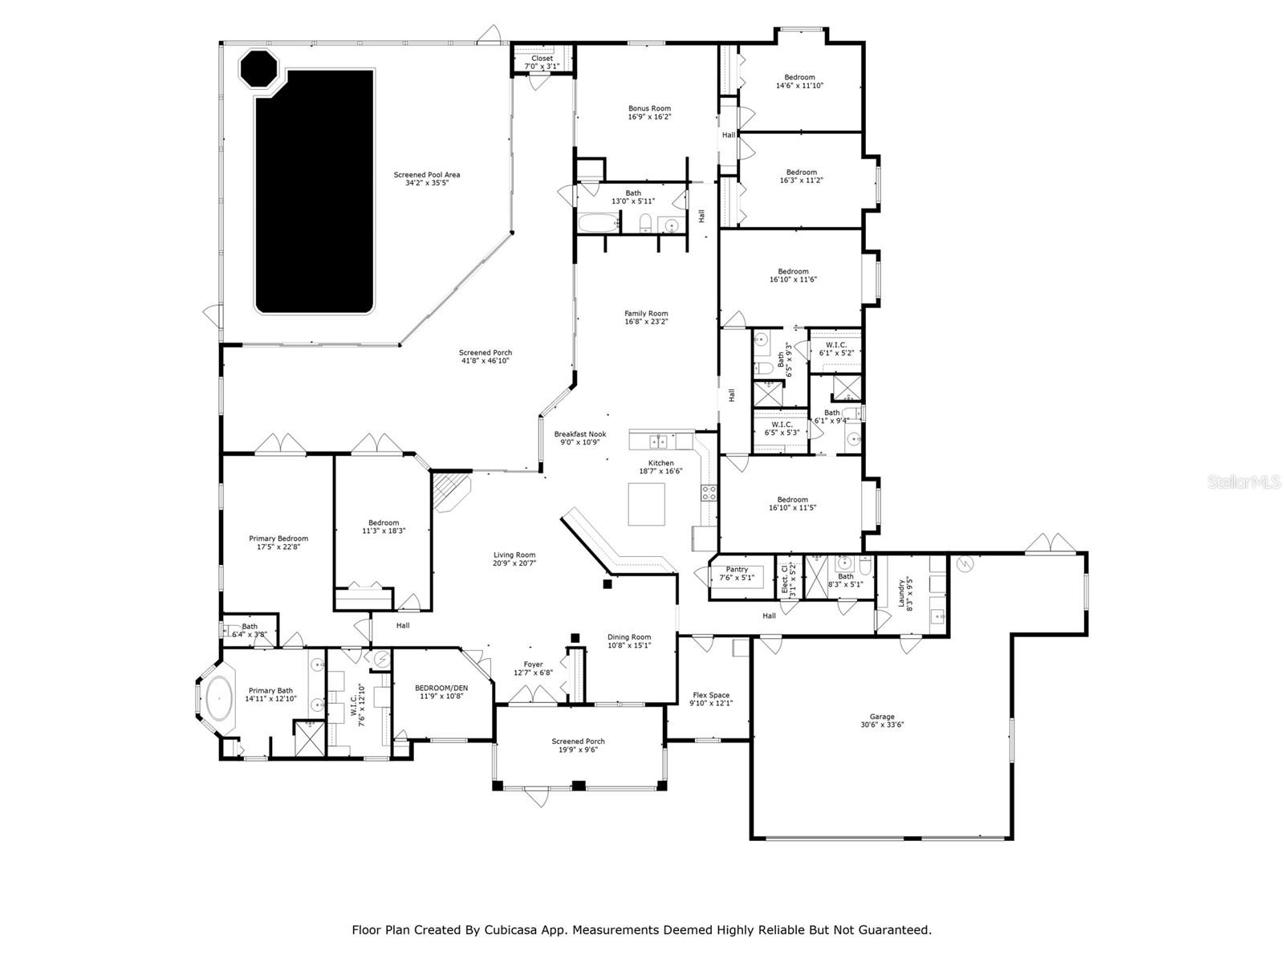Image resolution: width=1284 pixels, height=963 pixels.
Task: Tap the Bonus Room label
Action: pyautogui.click(x=649, y=108)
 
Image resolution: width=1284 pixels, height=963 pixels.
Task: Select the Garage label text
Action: pyautogui.click(x=881, y=717)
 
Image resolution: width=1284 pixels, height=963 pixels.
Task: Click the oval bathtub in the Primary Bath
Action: pyautogui.click(x=218, y=698)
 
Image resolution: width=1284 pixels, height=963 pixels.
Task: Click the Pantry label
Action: pyautogui.click(x=737, y=569)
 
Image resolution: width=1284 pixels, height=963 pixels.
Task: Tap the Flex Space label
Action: pyautogui.click(x=711, y=695)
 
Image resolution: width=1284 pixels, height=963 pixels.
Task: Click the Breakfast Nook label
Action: pyautogui.click(x=580, y=434)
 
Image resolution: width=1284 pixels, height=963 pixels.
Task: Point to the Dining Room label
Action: pyautogui.click(x=629, y=636)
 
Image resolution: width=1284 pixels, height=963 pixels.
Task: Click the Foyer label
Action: pyautogui.click(x=533, y=664)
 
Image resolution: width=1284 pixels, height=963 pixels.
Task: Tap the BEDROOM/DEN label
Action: pyautogui.click(x=441, y=688)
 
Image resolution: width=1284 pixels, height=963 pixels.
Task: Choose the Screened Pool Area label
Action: pyautogui.click(x=427, y=175)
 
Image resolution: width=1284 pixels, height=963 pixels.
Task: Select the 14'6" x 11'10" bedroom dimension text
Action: pyautogui.click(x=799, y=85)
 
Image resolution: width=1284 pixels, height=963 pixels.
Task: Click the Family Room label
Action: pyautogui.click(x=646, y=314)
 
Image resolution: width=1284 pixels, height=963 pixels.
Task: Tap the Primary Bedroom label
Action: pyautogui.click(x=278, y=538)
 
